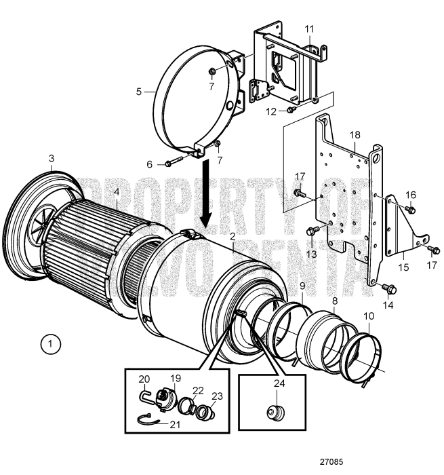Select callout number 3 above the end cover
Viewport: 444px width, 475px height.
tap(51, 159)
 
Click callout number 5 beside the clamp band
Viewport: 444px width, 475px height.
tap(139, 90)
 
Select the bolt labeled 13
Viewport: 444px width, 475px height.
tap(312, 231)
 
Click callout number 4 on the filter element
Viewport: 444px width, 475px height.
tap(117, 192)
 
